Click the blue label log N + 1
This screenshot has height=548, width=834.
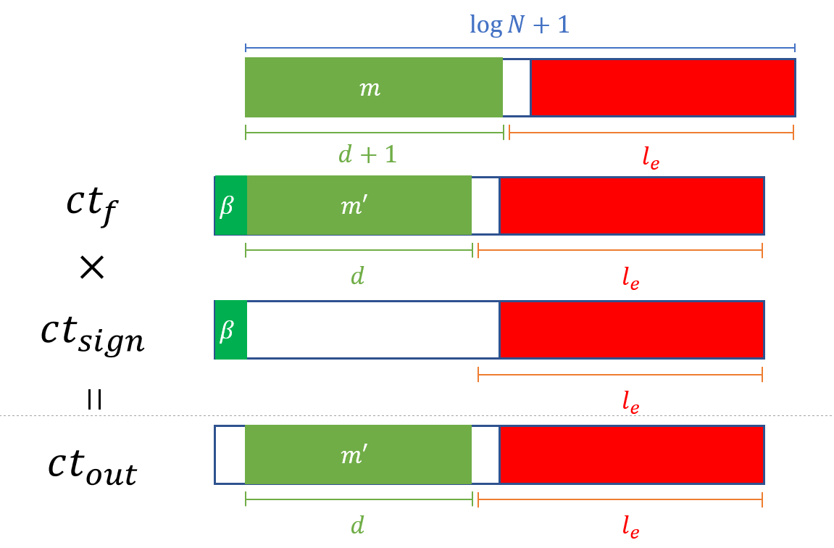tap(520, 26)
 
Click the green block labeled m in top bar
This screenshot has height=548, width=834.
tap(373, 88)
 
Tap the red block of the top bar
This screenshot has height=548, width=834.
tap(662, 88)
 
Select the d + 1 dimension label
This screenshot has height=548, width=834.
tap(368, 154)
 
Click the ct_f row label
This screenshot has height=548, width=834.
tap(90, 206)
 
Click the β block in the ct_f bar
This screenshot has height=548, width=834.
tap(230, 206)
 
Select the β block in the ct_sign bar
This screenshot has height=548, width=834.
tap(230, 331)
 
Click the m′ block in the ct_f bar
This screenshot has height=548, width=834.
tap(359, 206)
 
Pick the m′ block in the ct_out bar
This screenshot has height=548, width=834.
tap(359, 455)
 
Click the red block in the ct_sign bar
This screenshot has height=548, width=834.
tap(631, 331)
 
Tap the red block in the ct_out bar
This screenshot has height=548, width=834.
tap(631, 455)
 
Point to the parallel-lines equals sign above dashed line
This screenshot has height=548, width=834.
tap(93, 399)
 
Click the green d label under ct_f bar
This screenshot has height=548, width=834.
tap(357, 275)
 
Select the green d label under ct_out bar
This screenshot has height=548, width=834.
tap(357, 525)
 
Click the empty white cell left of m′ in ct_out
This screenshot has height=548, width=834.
tap(230, 455)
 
